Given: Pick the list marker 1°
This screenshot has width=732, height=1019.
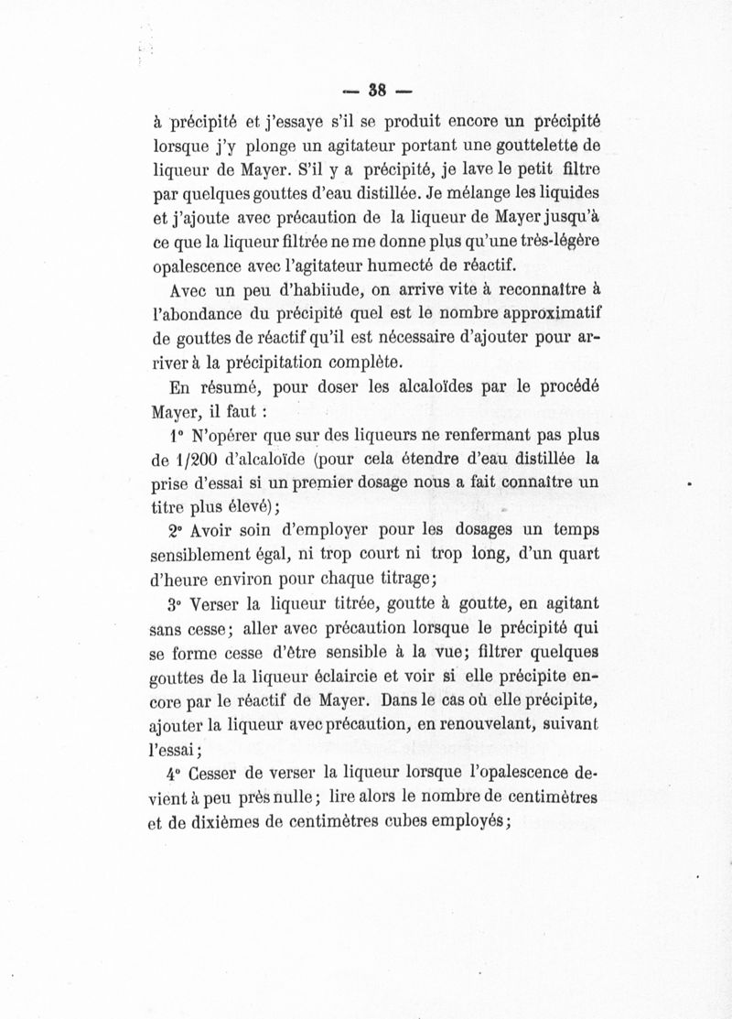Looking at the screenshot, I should pos(176,435).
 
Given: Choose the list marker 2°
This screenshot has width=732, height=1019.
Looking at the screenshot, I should pos(176,531).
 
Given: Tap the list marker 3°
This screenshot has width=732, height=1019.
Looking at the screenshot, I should pos(176,605).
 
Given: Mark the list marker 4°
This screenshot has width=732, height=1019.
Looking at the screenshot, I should pos(176,775).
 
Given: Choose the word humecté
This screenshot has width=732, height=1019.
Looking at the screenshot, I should pos(402,266).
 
